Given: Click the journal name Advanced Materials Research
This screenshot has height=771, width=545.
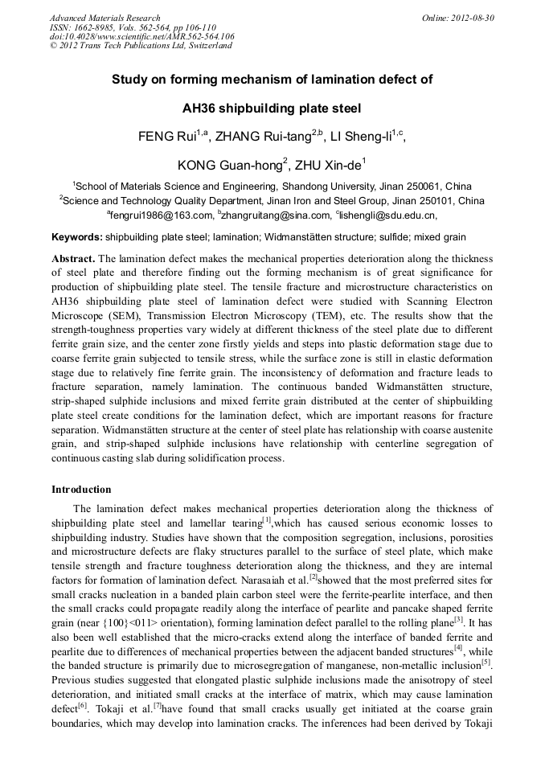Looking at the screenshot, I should tap(105, 18).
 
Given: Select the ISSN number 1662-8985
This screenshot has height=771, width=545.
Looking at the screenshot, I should tap(91, 27).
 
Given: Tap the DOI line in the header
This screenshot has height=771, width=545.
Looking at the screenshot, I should tap(142, 36).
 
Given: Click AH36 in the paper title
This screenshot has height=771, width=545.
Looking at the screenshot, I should tap(206, 109).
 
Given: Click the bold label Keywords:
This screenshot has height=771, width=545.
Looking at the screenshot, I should tap(77, 238).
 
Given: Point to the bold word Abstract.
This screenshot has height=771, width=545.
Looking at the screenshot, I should tap(73, 259).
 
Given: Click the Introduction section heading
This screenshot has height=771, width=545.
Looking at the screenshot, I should tap(81, 489).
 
